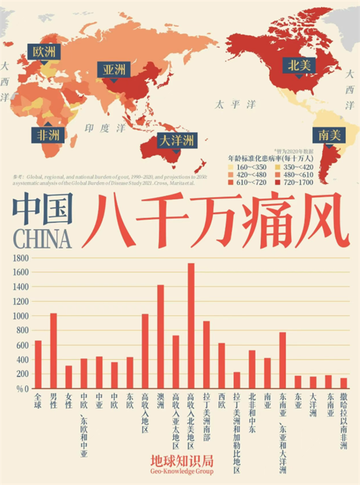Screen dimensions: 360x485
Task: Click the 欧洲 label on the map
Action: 45,51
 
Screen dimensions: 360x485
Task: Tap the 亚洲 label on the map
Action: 114,69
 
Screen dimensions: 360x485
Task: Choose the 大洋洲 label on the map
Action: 176,140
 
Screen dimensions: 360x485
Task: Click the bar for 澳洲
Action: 160,336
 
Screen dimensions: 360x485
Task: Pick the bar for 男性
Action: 53,351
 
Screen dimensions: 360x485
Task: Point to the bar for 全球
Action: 38,365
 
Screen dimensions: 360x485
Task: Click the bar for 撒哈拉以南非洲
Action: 344,383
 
